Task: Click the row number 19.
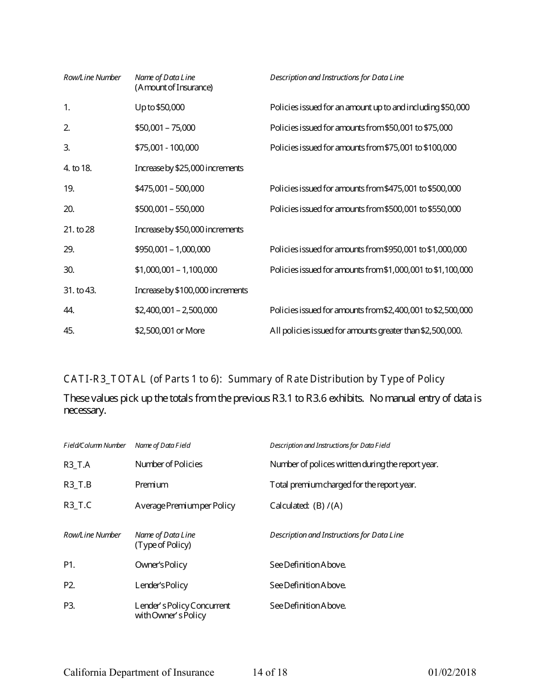point(69,189)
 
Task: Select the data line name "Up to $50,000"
point(159,107)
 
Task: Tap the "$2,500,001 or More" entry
point(169,331)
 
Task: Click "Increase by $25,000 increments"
point(189,168)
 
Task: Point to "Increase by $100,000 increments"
point(191,290)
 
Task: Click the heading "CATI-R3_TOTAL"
point(105,379)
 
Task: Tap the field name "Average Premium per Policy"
point(185,506)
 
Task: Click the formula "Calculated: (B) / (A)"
point(306,506)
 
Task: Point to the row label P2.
point(69,585)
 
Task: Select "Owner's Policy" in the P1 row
point(161,565)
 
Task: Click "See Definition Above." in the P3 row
point(308,606)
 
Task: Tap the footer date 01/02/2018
point(452,673)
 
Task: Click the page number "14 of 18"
point(270,673)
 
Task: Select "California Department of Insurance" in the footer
point(139,673)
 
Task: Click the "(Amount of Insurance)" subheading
point(173,88)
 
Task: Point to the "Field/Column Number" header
point(94,446)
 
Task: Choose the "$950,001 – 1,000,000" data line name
point(172,249)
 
